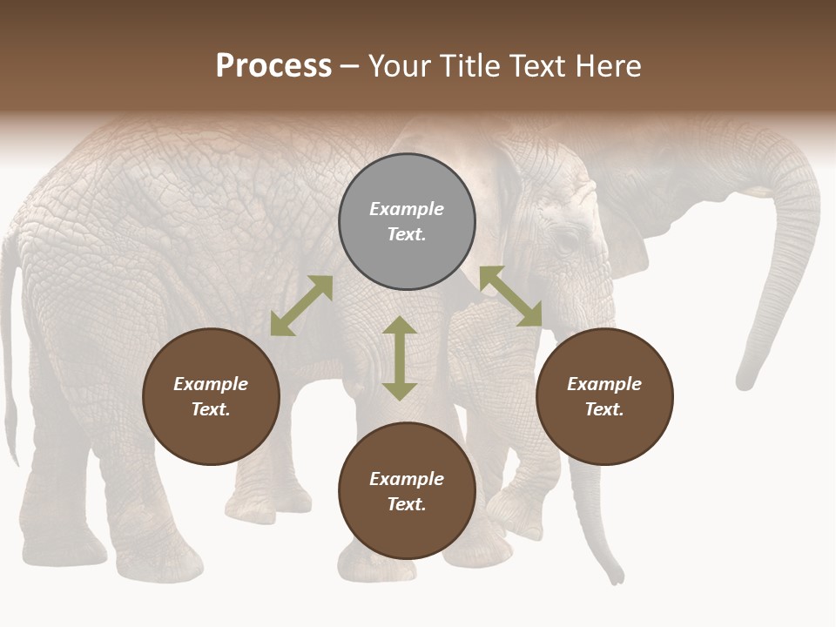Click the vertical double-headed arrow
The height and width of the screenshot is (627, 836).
pyautogui.click(x=400, y=358)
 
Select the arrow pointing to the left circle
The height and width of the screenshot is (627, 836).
pyautogui.click(x=301, y=306)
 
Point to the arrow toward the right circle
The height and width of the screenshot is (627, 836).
pyautogui.click(x=510, y=297)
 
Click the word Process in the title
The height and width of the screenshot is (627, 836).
pyautogui.click(x=273, y=65)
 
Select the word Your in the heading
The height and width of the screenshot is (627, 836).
pyautogui.click(x=401, y=65)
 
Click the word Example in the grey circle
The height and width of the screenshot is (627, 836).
pyautogui.click(x=407, y=209)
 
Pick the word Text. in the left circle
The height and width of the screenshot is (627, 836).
pyautogui.click(x=211, y=409)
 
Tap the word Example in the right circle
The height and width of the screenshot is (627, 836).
pyautogui.click(x=604, y=384)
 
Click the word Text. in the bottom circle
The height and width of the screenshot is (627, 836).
pyautogui.click(x=407, y=504)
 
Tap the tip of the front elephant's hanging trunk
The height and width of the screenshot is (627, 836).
pyautogui.click(x=617, y=576)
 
